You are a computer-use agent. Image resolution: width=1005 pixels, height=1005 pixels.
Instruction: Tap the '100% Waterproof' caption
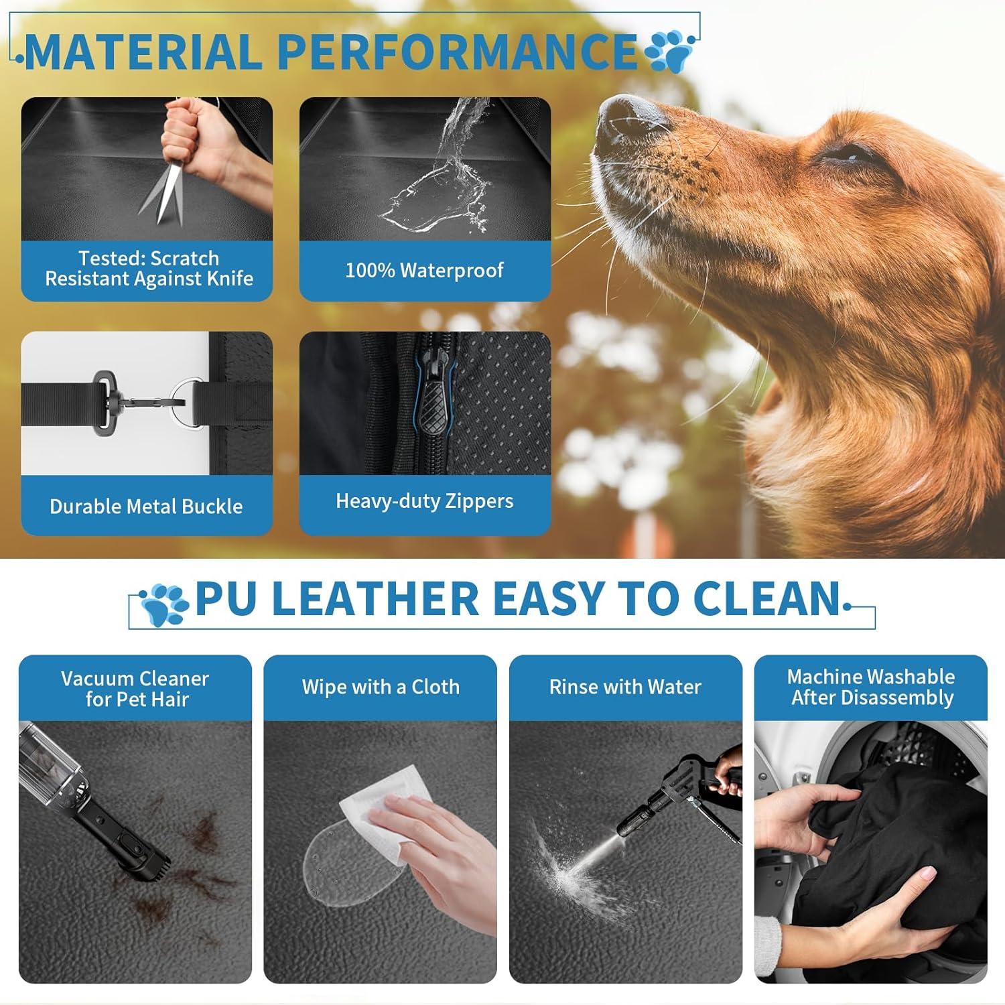(424, 270)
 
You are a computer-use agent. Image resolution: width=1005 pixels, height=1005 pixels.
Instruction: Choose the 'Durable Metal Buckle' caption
(146, 506)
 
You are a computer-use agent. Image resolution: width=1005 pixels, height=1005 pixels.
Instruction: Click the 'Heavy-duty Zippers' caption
(424, 501)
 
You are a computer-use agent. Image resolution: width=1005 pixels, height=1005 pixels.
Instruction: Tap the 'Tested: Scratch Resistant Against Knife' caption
(149, 268)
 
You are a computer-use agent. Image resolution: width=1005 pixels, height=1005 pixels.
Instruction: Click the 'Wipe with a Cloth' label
(380, 687)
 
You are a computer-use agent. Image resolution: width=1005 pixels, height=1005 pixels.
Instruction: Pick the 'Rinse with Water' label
(625, 687)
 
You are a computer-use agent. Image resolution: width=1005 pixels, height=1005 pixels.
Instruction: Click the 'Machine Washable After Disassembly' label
(871, 687)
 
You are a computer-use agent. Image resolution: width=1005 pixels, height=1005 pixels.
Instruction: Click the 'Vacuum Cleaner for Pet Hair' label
(135, 689)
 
